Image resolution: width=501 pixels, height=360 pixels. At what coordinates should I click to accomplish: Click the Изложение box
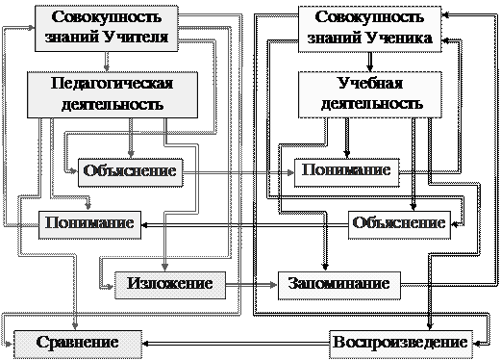tap(170, 285)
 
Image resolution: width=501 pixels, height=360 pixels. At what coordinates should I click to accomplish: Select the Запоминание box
tap(339, 286)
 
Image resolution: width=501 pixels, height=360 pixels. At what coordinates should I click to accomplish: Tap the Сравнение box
tap(78, 344)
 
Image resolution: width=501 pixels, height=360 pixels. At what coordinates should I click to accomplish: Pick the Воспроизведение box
tap(401, 344)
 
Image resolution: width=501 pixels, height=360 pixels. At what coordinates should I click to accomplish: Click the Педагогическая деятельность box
tap(113, 94)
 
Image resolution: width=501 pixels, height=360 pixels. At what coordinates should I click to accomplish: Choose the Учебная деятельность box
tap(370, 94)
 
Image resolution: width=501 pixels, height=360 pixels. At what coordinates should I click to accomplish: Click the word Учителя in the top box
tap(136, 38)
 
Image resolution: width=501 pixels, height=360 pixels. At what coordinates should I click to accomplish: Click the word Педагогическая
tap(112, 84)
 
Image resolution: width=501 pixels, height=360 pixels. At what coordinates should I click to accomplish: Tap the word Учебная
tap(370, 83)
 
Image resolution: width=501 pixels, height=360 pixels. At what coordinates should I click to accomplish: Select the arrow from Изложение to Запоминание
tap(251, 285)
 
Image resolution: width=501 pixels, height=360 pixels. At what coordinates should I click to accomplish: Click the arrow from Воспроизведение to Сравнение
tap(236, 344)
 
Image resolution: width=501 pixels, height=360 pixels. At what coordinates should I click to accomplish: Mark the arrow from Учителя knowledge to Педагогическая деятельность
tap(107, 62)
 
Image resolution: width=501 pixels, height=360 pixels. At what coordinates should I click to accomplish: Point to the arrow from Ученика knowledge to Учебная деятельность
tap(369, 62)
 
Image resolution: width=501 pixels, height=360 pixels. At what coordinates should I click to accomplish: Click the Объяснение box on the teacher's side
tap(131, 172)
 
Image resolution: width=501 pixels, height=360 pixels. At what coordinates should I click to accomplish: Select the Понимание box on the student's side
tap(347, 172)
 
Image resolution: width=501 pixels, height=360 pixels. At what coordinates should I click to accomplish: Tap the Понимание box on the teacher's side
tap(89, 225)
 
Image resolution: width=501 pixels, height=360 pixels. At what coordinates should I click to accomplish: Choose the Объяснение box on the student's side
tap(399, 225)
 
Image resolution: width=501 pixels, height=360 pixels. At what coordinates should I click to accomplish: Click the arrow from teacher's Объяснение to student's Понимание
tap(238, 173)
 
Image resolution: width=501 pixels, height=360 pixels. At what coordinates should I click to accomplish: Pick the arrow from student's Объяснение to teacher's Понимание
tap(245, 225)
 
